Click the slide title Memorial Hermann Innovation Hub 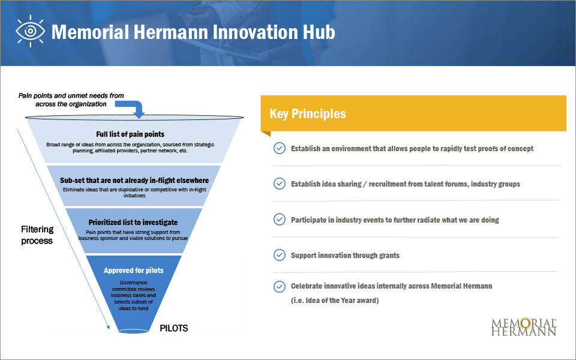[193, 32]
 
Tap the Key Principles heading [308, 114]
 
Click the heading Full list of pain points [130, 134]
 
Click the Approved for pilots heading [133, 271]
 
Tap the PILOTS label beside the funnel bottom [174, 328]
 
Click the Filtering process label [37, 235]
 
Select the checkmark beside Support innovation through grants [279, 255]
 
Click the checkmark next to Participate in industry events [279, 220]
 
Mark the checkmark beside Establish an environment [279, 148]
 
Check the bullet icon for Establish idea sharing [279, 184]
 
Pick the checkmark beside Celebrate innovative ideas [279, 286]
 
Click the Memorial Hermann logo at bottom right [524, 326]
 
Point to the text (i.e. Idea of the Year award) [335, 301]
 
